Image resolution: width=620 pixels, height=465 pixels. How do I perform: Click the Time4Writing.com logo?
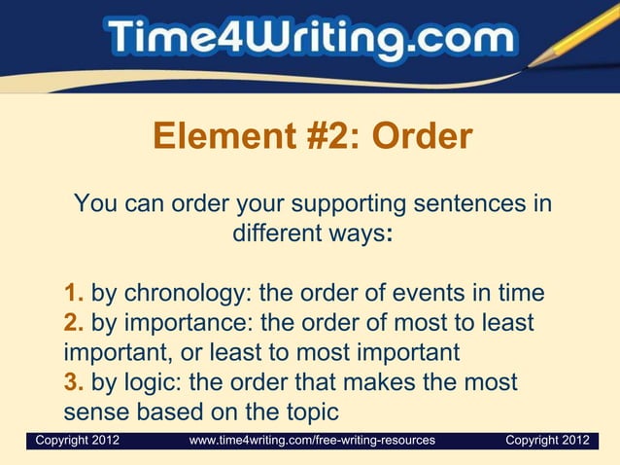pyautogui.click(x=310, y=40)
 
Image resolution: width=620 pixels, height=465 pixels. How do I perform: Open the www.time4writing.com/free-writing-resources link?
pyautogui.click(x=312, y=441)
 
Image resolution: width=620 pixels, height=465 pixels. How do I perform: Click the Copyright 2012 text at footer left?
pyautogui.click(x=78, y=441)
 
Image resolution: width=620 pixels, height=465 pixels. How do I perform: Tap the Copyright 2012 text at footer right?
pyautogui.click(x=547, y=441)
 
